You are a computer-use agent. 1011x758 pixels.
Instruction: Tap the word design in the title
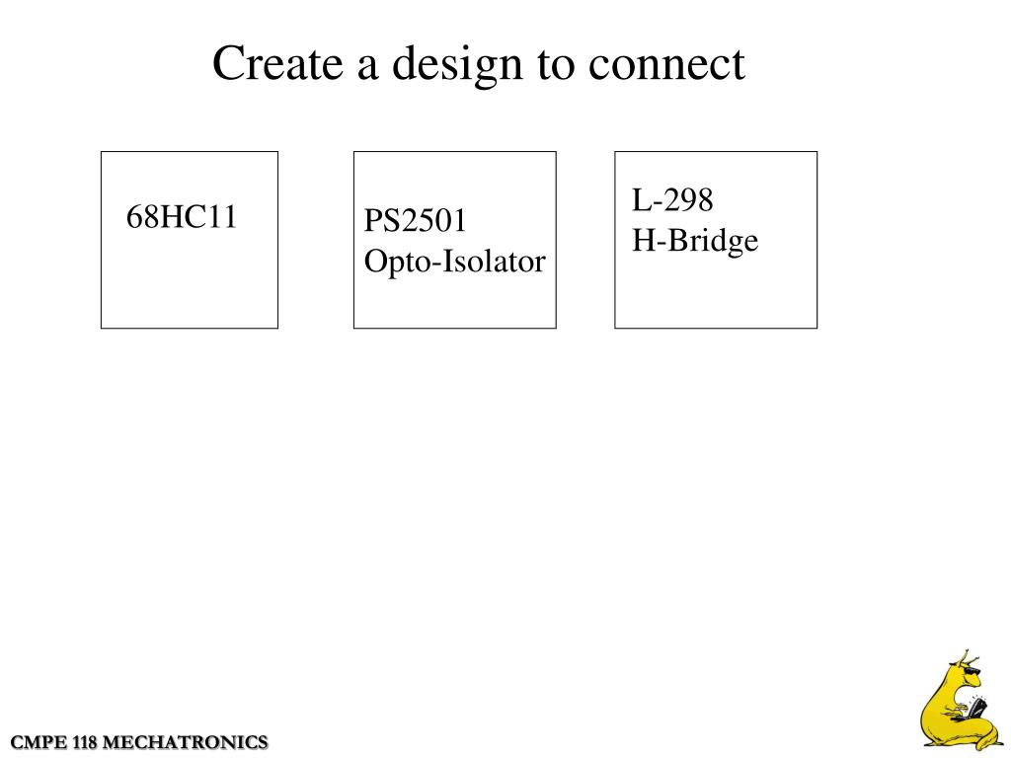(455, 66)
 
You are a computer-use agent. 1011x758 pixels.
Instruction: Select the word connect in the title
(666, 65)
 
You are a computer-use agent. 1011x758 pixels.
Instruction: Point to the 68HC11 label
(182, 217)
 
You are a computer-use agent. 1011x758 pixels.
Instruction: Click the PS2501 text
(415, 221)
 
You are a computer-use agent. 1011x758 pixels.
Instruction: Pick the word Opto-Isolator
(454, 262)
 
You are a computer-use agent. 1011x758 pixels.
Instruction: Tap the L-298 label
(672, 200)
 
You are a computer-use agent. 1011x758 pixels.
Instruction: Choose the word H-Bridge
(695, 240)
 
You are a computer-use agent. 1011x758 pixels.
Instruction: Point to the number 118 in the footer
(85, 742)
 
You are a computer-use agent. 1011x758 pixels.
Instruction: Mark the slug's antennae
(968, 656)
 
